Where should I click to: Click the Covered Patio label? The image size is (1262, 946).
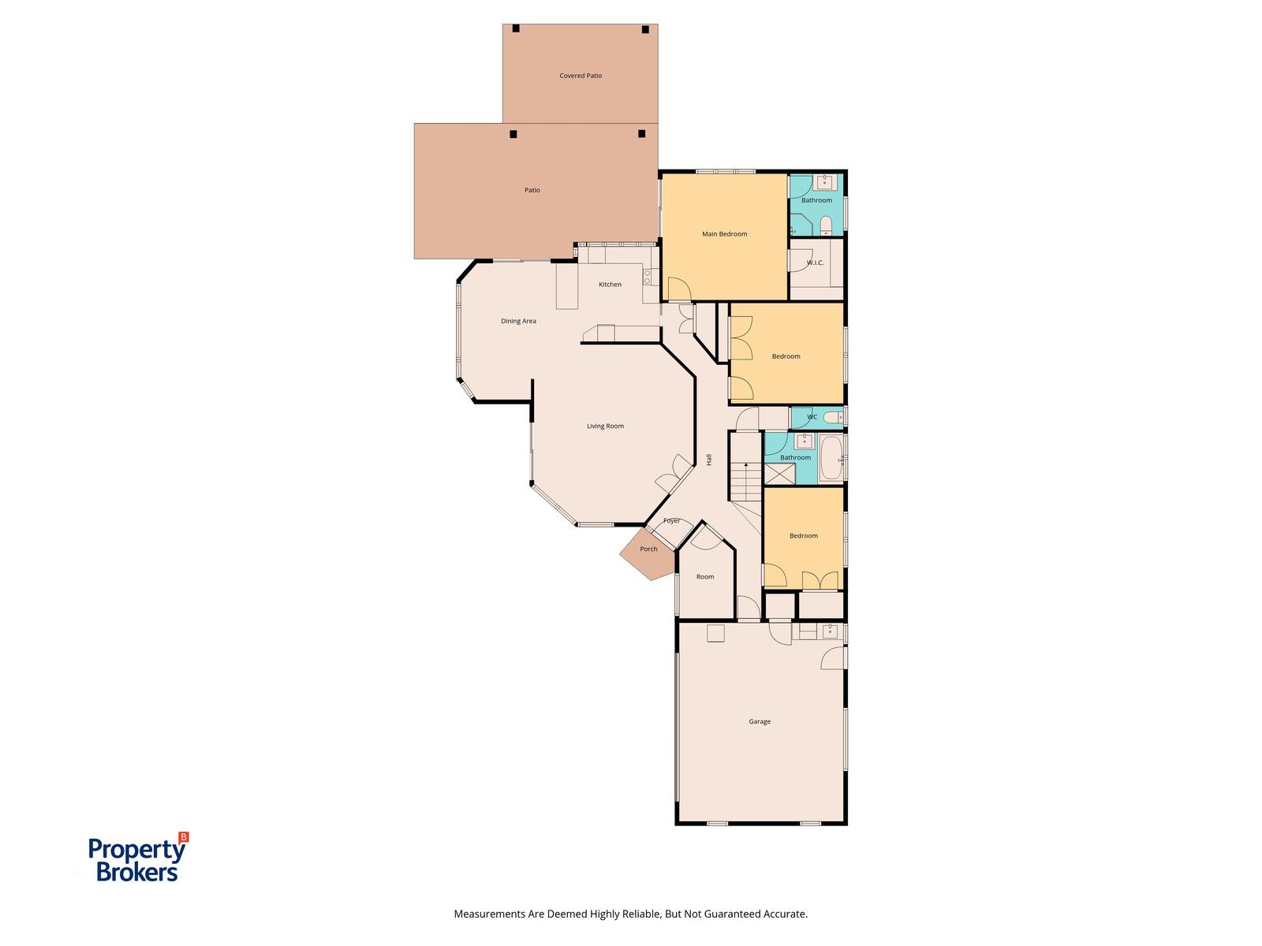tap(580, 75)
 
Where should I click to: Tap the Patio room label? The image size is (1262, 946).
tap(532, 189)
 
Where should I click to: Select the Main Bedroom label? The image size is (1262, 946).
tap(724, 234)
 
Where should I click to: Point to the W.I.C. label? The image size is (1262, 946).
tap(815, 263)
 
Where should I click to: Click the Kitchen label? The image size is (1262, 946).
tap(610, 285)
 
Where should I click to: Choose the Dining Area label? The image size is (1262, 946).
tap(518, 321)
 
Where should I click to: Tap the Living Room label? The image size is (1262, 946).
tap(605, 426)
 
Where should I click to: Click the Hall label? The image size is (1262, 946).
tap(709, 460)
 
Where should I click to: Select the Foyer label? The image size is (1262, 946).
tap(671, 521)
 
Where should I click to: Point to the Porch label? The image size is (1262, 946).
tap(648, 549)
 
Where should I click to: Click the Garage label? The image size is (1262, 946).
tap(760, 721)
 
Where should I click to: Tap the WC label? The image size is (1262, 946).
tap(812, 417)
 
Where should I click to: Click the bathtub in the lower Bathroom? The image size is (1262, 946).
tap(831, 458)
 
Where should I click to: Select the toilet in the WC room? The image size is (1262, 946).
tap(832, 417)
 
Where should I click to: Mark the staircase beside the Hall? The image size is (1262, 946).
tap(745, 466)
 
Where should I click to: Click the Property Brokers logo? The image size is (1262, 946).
tap(138, 857)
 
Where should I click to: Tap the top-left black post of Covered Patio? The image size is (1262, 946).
tap(516, 28)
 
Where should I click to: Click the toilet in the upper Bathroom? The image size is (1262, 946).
tap(826, 225)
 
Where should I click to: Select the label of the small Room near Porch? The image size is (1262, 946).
tap(705, 577)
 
